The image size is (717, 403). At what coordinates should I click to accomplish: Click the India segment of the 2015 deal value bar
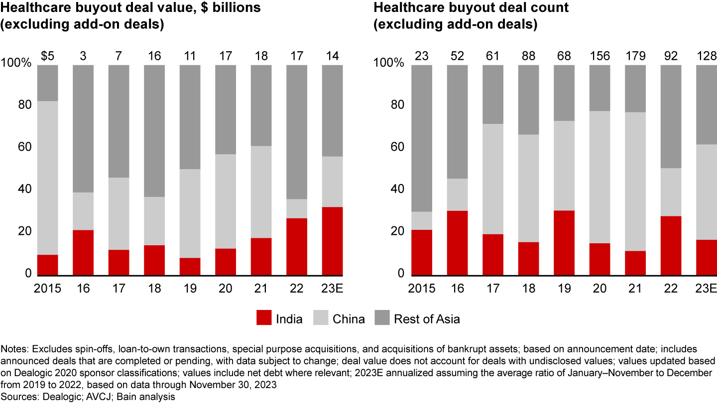coord(48,265)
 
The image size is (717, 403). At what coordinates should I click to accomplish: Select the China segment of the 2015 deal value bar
coord(48,178)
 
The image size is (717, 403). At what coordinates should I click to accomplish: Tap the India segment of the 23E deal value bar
coord(332,241)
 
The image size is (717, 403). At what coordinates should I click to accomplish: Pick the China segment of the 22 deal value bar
coord(297,208)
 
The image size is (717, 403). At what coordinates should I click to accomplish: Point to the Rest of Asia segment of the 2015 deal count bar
coord(422,138)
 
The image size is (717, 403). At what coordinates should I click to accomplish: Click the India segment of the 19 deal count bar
coord(564,242)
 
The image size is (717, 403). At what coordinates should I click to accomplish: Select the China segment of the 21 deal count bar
coord(635,181)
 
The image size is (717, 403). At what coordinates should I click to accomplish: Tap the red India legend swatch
coord(264,318)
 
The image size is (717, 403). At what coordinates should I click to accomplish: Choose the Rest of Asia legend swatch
coord(381,318)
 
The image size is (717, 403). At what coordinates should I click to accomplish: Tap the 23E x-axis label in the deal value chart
coord(332,289)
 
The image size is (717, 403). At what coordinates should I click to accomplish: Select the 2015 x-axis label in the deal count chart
coord(422,289)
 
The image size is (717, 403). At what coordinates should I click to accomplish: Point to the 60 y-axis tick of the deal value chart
coord(25,147)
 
